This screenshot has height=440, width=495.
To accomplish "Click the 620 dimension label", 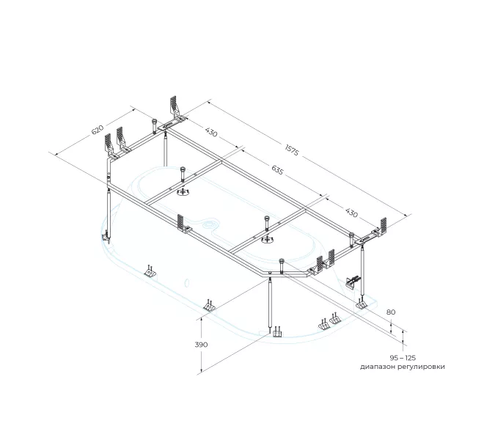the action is tap(98, 130).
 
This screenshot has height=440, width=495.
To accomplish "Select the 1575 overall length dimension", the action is tap(292, 150).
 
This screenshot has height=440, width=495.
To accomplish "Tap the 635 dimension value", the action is tap(277, 170).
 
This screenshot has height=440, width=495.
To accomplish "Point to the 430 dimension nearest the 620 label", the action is tap(211, 132).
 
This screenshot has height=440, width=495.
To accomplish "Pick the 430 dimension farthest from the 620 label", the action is tap(351, 213).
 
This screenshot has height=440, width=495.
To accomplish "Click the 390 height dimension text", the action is tap(201, 345).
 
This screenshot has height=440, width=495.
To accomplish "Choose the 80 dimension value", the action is tap(391, 312).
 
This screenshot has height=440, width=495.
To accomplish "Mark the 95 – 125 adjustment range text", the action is tap(403, 358).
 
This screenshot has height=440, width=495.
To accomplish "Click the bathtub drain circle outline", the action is tap(210, 225).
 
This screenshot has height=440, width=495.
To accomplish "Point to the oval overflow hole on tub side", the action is tap(187, 282).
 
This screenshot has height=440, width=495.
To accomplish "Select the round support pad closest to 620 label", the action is tap(183, 191).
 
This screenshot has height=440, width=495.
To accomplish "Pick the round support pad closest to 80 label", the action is tap(268, 241).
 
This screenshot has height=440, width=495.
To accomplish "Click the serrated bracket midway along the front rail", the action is tap(182, 224).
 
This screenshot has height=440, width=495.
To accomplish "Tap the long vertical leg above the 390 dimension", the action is tap(271, 306).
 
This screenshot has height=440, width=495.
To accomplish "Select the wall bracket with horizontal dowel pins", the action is tap(352, 281).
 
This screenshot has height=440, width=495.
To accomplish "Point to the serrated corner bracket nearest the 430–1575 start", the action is tap(175, 109).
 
